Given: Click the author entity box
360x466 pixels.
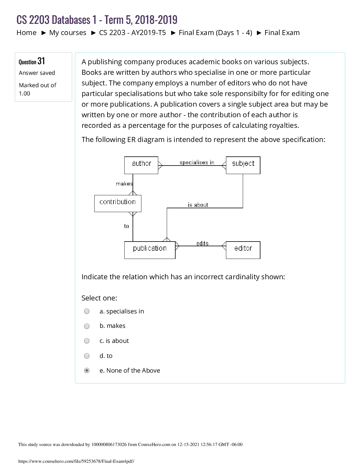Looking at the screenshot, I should (141, 165).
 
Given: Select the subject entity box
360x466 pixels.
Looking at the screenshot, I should (243, 165).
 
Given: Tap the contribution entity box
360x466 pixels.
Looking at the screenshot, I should (118, 203).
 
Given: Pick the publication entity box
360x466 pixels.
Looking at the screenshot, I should (150, 250).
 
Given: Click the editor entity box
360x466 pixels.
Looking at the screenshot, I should (243, 250).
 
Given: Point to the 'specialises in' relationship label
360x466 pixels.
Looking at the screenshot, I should (197, 162).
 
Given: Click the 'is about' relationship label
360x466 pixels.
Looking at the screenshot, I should (198, 205).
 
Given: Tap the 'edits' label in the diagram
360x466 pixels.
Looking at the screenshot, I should (202, 243).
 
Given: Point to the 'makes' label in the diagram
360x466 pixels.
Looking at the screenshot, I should (124, 184).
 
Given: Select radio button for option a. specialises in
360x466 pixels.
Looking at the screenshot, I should (87, 311).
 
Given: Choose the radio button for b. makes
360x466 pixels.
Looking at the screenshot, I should (87, 326).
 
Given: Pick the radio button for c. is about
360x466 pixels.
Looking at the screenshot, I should (87, 341).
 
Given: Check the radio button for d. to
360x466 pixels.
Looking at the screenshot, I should (87, 356).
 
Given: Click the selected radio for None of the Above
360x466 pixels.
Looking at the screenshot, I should (87, 371).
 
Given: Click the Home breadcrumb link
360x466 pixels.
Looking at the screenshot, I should (27, 33).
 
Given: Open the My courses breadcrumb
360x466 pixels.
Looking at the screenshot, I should (68, 33).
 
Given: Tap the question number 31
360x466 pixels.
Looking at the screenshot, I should (41, 61).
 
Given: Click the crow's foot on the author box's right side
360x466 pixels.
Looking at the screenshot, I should (160, 166).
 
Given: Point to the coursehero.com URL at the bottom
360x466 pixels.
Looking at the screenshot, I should (76, 461).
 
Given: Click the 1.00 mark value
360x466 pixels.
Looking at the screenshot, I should (24, 93).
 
